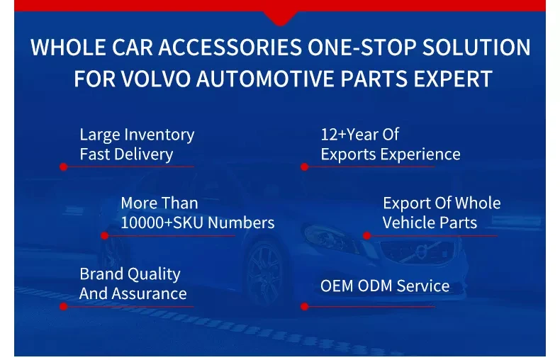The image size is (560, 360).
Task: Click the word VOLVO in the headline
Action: point(156,79)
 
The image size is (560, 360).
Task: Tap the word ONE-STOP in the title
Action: point(362,47)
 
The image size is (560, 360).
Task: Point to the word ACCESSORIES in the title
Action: point(230,47)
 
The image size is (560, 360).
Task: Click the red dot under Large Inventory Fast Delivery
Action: point(64,167)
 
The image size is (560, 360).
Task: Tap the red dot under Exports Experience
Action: point(304,167)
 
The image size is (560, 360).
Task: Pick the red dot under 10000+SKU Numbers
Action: point(105,236)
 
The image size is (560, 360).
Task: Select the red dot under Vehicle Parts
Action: point(366,236)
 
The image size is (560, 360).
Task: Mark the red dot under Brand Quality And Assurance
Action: point(64,306)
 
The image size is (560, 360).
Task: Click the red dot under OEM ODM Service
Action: point(304,306)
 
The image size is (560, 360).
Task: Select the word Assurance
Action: point(150,293)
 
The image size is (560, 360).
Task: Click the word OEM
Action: point(337,286)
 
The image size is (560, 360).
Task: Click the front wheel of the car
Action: point(264,275)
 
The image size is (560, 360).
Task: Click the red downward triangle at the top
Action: point(281,18)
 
